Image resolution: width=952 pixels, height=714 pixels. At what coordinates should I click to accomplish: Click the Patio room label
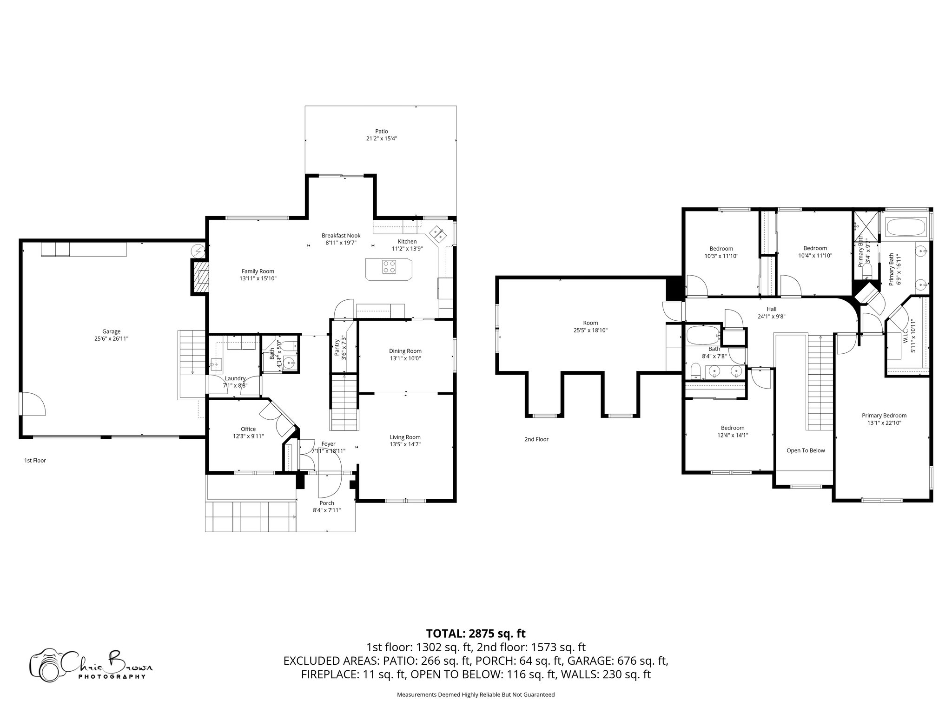tap(381, 131)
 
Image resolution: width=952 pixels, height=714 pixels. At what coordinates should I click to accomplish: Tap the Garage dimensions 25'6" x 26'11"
tap(111, 339)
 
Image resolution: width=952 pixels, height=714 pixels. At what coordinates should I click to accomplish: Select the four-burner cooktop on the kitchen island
tap(389, 267)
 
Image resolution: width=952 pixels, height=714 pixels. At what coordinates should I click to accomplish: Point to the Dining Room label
tap(405, 351)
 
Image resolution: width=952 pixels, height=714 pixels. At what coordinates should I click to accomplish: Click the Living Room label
tap(405, 437)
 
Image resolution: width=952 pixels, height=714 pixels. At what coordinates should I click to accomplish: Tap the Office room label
tap(248, 429)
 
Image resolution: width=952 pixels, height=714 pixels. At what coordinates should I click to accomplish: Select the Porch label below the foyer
tap(327, 503)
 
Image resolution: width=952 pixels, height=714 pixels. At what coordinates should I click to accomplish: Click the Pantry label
tap(337, 346)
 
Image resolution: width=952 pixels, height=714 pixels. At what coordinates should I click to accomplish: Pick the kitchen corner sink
tap(437, 234)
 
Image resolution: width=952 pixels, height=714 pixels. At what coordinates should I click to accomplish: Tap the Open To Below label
tap(806, 450)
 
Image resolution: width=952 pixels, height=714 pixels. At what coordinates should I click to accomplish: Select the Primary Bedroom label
tap(884, 416)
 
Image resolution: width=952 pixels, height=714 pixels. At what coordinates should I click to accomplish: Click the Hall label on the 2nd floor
tap(771, 309)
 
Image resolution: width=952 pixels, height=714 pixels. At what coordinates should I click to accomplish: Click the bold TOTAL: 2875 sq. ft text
tap(476, 633)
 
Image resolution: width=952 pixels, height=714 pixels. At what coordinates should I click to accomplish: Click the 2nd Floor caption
tap(536, 439)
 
